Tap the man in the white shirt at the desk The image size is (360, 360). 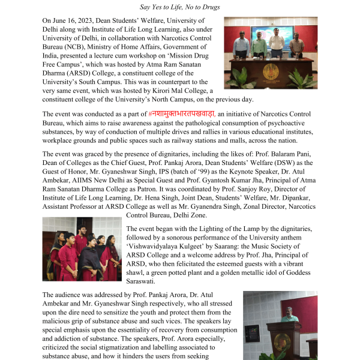click(x=276, y=45)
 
